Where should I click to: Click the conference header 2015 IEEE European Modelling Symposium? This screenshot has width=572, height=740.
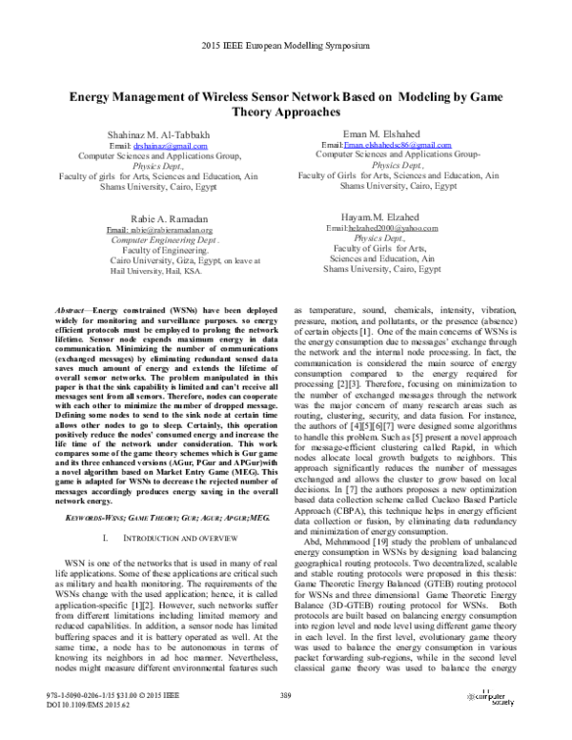286,45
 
